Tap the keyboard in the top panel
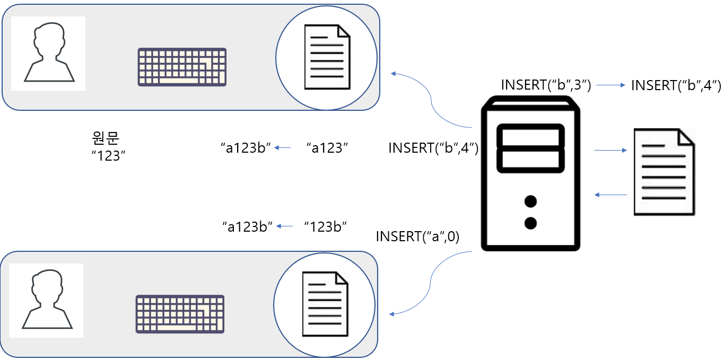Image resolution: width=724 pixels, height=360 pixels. click(182, 67)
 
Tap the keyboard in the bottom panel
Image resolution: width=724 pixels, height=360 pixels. click(180, 314)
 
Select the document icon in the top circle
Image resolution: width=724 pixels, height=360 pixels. click(327, 57)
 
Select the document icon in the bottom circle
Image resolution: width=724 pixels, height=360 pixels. click(325, 304)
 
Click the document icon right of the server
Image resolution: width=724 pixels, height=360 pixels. click(664, 172)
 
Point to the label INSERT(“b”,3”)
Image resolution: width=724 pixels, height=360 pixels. click(546, 85)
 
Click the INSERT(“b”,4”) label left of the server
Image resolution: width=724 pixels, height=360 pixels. click(433, 148)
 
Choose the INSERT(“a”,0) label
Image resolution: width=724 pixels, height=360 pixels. click(417, 236)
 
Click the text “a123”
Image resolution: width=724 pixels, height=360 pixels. click(327, 148)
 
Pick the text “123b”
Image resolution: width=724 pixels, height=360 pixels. click(325, 227)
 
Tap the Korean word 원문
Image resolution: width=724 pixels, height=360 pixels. click(106, 138)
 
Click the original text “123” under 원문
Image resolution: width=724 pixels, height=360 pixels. click(108, 156)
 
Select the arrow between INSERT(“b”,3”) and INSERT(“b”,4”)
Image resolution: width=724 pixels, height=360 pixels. click(611, 85)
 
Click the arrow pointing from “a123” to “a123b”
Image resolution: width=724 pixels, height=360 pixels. click(282, 148)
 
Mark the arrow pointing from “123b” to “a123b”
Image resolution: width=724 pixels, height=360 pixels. click(284, 226)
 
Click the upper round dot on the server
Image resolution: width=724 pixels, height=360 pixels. click(530, 201)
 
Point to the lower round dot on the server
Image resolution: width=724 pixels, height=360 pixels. click(530, 223)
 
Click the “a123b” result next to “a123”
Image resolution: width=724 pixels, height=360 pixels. click(246, 148)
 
